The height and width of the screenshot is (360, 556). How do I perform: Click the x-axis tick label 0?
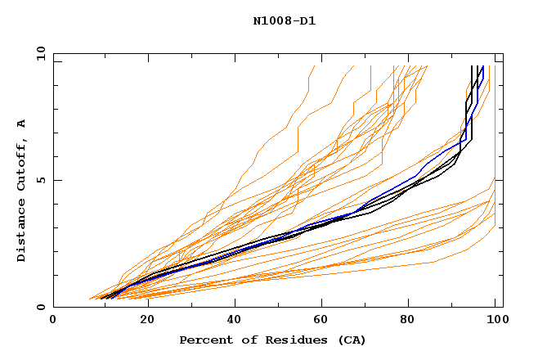click(54, 322)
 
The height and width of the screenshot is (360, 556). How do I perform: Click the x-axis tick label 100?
click(495, 322)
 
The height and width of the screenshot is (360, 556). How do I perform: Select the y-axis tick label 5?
click(44, 181)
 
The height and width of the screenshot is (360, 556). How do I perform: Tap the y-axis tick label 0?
click(44, 308)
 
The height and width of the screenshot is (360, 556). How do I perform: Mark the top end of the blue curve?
click(483, 66)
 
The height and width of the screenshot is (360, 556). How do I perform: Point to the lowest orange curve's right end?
click(495, 227)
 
